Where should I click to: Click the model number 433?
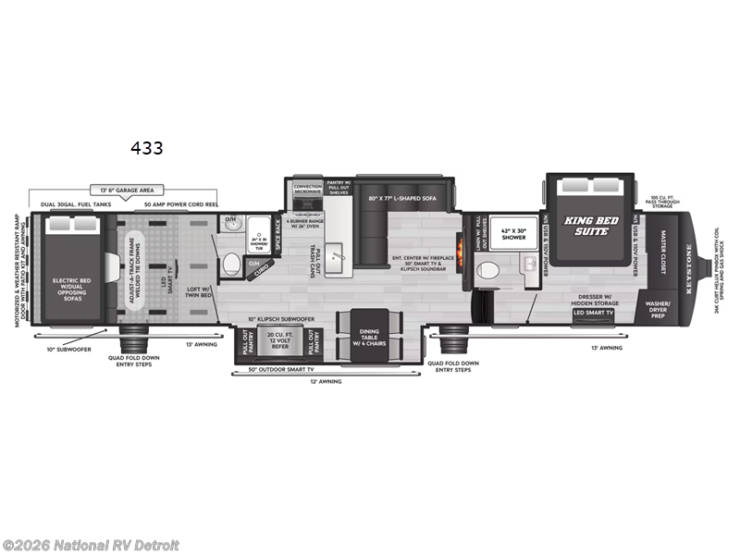coord(147,148)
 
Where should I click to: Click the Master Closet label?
coord(663,250)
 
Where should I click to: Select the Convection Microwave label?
coord(308,190)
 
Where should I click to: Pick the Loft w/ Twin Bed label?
coord(201,292)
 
